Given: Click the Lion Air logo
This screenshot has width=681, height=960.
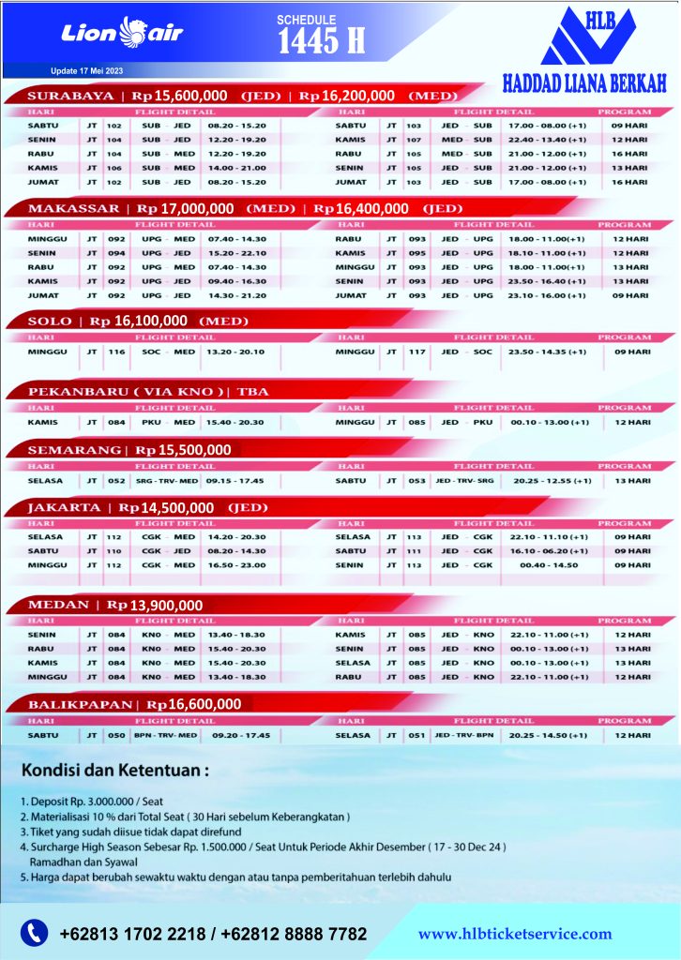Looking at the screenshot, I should coord(122,33).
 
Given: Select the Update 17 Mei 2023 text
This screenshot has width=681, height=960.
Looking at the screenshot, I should coord(87,71).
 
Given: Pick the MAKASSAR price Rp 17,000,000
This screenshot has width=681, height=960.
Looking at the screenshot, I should coord(186,208).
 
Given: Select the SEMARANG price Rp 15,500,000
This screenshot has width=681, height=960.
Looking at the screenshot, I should coord(183,450).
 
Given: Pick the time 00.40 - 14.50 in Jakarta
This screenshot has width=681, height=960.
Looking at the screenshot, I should coord(548,565).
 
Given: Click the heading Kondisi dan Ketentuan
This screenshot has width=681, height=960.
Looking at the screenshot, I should coord(115,772).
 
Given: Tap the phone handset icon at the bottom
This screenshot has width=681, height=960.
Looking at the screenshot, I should coord(35,933).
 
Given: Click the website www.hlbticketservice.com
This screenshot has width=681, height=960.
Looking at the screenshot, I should coord(514,934).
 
